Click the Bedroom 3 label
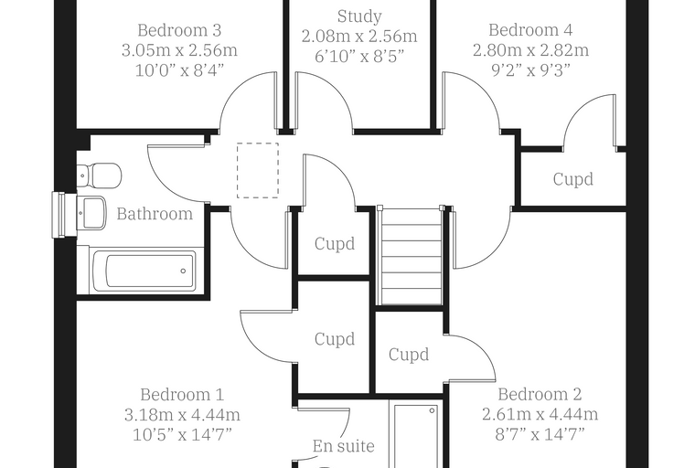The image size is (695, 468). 179,30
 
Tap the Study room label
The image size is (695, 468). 359,16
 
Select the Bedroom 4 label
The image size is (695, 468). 530,29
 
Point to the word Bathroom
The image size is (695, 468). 155,214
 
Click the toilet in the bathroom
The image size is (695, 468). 100,175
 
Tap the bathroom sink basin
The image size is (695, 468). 91,213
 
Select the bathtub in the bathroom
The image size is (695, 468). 144,270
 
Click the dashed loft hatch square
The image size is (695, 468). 258,170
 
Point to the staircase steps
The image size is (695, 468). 410,256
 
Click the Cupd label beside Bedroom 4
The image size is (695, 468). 573,179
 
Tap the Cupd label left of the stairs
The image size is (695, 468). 335,244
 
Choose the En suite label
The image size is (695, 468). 344,446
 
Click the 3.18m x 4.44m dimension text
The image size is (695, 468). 182,415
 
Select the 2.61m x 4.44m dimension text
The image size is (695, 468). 540,414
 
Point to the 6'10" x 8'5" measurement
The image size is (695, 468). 359,57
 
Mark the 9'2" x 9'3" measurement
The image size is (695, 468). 530,69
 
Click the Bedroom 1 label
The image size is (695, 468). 182,395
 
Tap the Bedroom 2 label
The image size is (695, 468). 540,394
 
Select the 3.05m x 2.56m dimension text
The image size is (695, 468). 179,50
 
